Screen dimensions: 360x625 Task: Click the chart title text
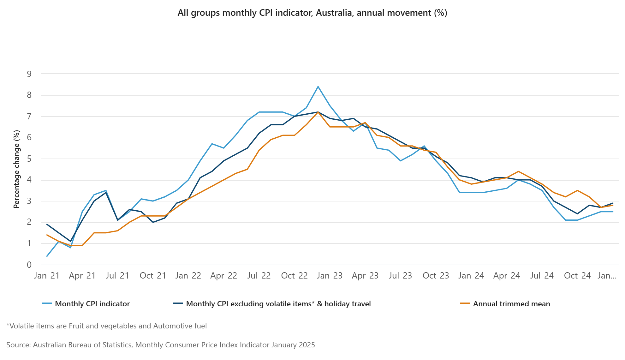312,13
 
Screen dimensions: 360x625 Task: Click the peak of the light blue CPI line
318,87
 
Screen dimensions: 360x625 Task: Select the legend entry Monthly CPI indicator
92,304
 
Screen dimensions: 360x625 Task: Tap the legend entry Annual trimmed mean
511,304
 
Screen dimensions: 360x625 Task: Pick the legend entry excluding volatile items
278,304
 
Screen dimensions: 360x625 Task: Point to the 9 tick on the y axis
29,74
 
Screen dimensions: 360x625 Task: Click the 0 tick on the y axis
29,265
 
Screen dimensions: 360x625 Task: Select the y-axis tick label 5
29,159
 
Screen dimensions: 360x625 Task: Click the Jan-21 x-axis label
47,276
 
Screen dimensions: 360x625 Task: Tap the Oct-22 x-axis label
294,276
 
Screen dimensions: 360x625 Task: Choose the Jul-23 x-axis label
400,276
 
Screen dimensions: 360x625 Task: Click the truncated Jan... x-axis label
607,276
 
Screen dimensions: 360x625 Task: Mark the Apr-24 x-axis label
506,276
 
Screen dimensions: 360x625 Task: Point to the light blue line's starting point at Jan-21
47,256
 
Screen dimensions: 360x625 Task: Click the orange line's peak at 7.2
318,112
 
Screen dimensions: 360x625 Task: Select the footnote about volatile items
107,326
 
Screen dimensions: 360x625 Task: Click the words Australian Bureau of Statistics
82,345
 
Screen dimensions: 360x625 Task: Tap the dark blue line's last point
613,203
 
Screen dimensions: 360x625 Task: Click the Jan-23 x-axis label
330,276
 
